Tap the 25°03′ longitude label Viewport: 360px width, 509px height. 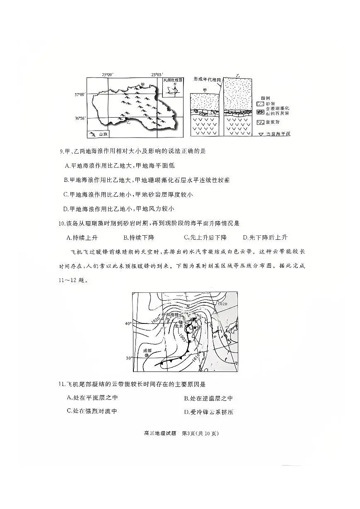coord(157,75)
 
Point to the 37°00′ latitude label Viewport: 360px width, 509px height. coord(80,95)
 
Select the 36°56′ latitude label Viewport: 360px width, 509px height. coord(80,118)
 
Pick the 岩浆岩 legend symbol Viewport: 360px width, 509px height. coord(260,122)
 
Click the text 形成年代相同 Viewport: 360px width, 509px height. coord(208,79)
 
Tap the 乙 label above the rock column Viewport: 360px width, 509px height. coord(238,76)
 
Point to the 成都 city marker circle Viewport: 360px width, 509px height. coord(147,355)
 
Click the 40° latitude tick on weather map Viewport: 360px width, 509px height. coord(129,323)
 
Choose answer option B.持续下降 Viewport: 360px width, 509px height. coord(139,238)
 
